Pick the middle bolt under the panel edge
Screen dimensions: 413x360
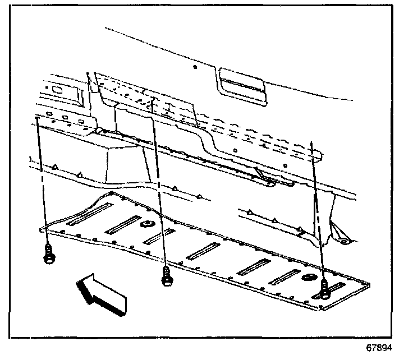point(166,276)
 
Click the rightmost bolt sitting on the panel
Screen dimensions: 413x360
point(325,288)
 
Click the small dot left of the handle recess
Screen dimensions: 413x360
point(194,67)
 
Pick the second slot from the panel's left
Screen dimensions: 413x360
point(122,224)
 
